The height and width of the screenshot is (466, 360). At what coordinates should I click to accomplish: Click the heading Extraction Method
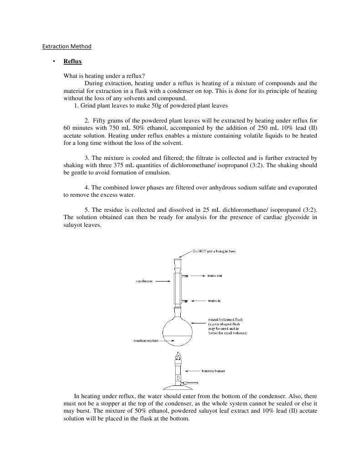pos(67,46)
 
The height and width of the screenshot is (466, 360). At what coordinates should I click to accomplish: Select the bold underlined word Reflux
pos(72,61)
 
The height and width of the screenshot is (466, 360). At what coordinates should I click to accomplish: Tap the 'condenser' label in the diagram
pos(144,282)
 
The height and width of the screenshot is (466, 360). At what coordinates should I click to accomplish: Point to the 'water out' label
pos(214,276)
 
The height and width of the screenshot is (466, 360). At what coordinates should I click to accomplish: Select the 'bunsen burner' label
pos(213,371)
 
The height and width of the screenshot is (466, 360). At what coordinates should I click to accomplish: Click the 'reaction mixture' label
pos(146,341)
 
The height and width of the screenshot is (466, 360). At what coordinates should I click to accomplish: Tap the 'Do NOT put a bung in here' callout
pos(213,251)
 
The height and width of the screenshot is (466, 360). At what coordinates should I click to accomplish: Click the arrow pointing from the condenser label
pos(163,282)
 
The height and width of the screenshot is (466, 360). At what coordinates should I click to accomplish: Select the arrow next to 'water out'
pos(197,276)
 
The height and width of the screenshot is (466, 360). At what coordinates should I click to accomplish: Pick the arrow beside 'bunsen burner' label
pos(193,371)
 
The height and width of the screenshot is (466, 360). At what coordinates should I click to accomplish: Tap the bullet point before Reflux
pos(53,61)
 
